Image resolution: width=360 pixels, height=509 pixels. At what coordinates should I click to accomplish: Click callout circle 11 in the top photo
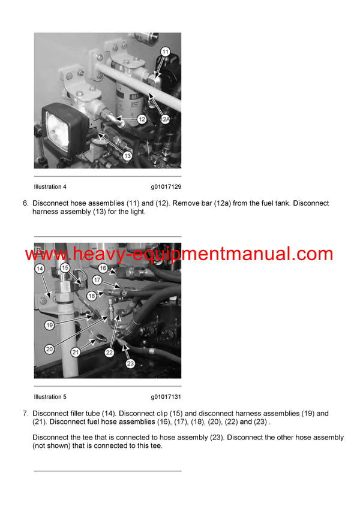pyautogui.click(x=164, y=53)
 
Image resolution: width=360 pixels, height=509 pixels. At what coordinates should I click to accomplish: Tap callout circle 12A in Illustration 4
pyautogui.click(x=166, y=119)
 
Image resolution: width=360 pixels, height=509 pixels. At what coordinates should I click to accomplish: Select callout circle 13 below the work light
pyautogui.click(x=128, y=156)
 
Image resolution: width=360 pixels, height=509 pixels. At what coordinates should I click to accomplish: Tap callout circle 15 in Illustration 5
pyautogui.click(x=65, y=268)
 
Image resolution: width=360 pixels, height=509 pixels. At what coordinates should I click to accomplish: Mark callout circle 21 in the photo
pyautogui.click(x=76, y=352)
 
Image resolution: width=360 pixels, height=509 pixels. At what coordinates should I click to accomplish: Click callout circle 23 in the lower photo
pyautogui.click(x=131, y=362)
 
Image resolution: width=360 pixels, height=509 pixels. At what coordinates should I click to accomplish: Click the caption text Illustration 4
pyautogui.click(x=50, y=187)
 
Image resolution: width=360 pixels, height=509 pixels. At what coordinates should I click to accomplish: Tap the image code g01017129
pyautogui.click(x=166, y=187)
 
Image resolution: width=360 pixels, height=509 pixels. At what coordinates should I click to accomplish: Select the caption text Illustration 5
pyautogui.click(x=50, y=397)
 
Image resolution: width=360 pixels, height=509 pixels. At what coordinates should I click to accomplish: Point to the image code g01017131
pyautogui.click(x=166, y=397)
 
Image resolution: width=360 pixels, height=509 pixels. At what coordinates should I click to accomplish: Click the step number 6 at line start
pyautogui.click(x=25, y=203)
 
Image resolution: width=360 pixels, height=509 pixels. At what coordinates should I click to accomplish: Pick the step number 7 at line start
pyautogui.click(x=25, y=413)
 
